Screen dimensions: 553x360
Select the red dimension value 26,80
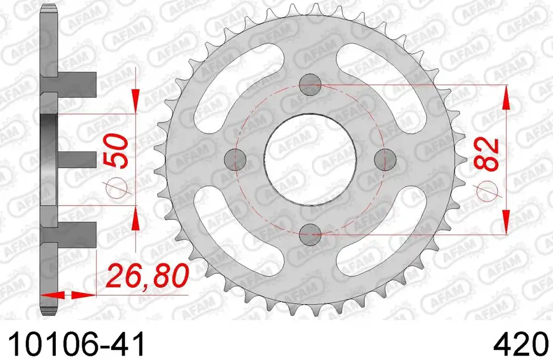click(148, 276)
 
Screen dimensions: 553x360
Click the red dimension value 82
click(487, 154)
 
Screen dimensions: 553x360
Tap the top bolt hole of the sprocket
click(310, 85)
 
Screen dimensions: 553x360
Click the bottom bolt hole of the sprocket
click(310, 234)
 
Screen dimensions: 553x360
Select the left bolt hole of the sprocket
click(236, 159)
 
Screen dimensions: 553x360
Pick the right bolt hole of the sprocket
click(385, 159)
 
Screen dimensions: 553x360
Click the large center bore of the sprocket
click(310, 159)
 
